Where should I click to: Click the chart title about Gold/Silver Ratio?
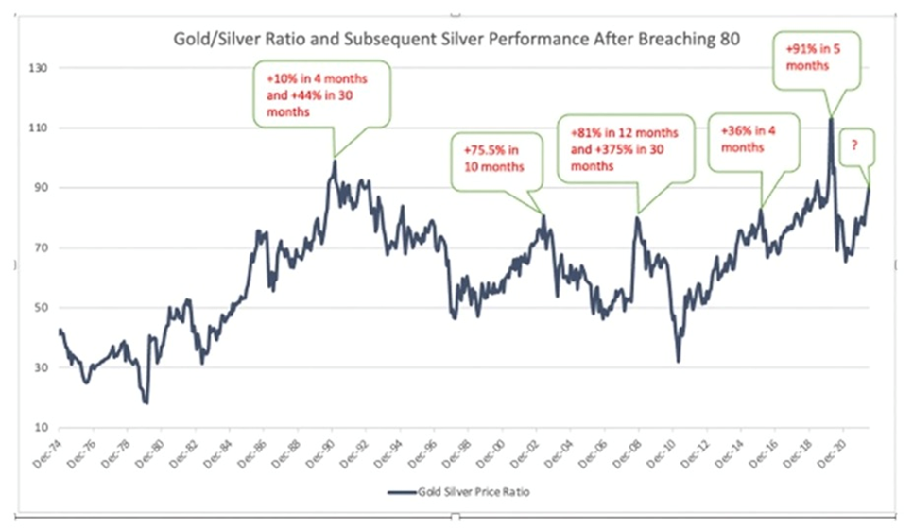456,41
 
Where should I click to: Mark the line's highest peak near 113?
831,118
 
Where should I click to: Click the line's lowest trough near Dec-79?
146,403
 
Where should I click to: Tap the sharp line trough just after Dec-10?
679,361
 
